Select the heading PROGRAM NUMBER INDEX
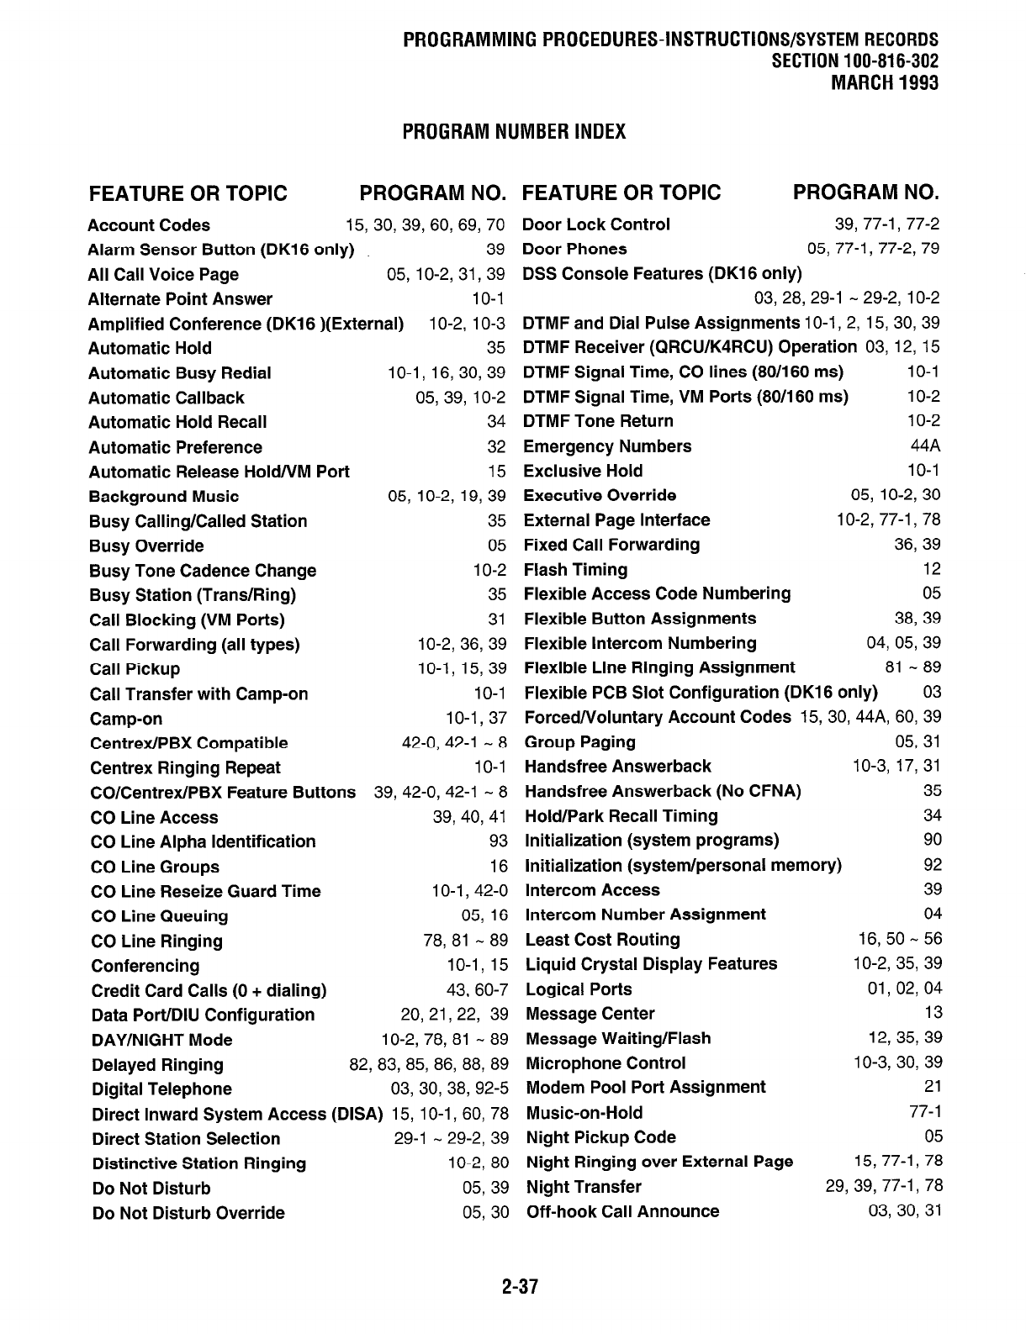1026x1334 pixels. point(514,132)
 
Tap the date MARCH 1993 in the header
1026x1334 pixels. point(884,82)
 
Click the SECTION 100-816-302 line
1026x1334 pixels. point(854,61)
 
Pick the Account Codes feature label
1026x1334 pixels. point(149,225)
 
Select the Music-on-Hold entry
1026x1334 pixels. point(584,1113)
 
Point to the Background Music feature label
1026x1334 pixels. point(163,497)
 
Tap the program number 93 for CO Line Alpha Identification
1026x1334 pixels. point(498,841)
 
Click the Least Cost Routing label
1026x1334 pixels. point(602,940)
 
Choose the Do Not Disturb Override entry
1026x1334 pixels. point(188,1213)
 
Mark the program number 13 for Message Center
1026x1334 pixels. point(933,1014)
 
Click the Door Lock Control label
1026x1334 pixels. point(596,224)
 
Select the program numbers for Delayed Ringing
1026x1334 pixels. point(429,1065)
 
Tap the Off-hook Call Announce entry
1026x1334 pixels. point(622,1211)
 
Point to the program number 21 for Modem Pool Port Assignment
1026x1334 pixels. point(933,1087)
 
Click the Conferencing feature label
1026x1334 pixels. point(145,966)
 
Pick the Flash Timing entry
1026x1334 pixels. point(575,570)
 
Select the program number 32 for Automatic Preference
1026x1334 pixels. point(497,447)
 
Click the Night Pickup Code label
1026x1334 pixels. point(600,1137)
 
